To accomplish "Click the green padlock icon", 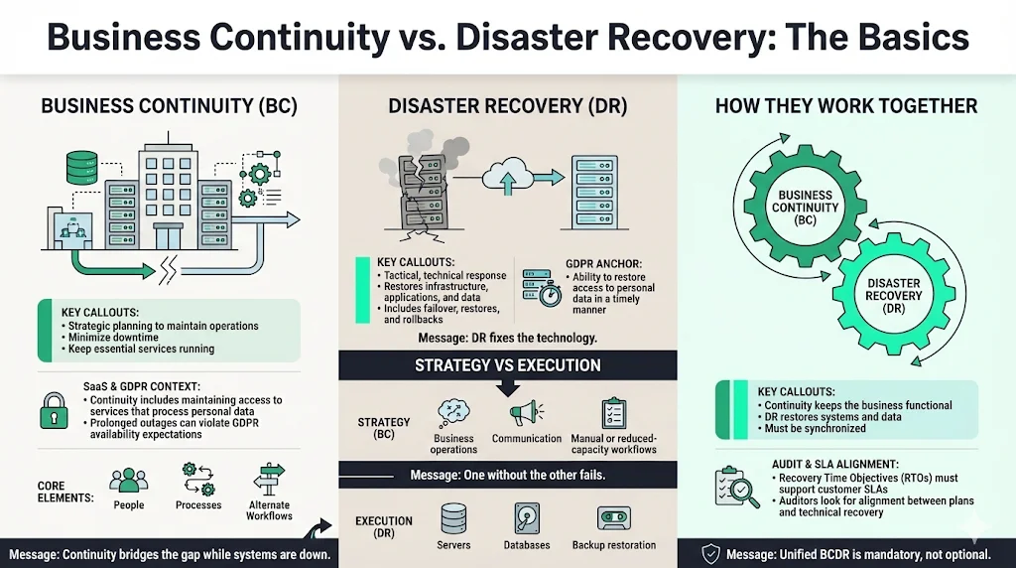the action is [54, 410].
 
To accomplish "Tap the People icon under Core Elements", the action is [128, 481].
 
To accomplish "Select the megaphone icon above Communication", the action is [526, 413].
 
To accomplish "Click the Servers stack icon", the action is [453, 518].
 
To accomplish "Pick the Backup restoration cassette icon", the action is [613, 518].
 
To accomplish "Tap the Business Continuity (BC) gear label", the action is [805, 208].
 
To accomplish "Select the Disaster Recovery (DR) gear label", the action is [894, 296].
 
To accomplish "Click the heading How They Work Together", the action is [846, 106].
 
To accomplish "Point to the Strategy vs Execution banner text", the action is [508, 365].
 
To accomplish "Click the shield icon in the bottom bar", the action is [710, 554].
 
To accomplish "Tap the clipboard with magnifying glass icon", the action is [737, 487].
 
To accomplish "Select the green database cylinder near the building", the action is [81, 167].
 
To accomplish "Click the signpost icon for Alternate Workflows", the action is [269, 481].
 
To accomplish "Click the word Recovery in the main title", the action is [674, 37].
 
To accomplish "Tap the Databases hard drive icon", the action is [526, 518].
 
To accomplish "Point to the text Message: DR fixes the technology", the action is [507, 338].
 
